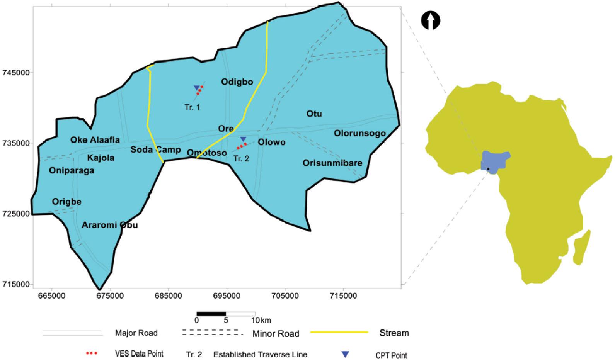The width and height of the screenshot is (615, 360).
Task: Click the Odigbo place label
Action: pyautogui.click(x=237, y=82)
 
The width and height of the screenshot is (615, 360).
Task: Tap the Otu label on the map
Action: pyautogui.click(x=314, y=114)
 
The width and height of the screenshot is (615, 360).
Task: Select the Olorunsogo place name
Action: pyautogui.click(x=359, y=134)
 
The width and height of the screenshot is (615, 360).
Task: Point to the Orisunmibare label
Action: pyautogui.click(x=332, y=163)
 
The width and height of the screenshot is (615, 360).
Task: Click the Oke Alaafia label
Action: pyautogui.click(x=95, y=140)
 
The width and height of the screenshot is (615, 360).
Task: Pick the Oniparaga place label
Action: pyautogui.click(x=72, y=171)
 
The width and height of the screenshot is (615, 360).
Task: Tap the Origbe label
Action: pyautogui.click(x=67, y=202)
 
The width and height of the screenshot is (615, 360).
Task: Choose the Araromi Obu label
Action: pyautogui.click(x=110, y=225)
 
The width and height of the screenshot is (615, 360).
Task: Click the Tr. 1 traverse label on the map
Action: pyautogui.click(x=193, y=107)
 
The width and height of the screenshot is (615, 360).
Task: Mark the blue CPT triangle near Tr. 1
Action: pyautogui.click(x=197, y=88)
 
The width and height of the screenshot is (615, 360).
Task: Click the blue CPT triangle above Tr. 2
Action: pyautogui.click(x=243, y=139)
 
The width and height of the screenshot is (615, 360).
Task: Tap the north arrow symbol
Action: pyautogui.click(x=431, y=20)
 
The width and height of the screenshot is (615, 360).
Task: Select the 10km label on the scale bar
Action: pyautogui.click(x=261, y=320)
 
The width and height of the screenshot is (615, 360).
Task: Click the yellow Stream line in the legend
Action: pyautogui.click(x=339, y=332)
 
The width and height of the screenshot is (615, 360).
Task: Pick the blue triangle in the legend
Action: pyautogui.click(x=345, y=354)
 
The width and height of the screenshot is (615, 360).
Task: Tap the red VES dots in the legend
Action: pyautogui.click(x=92, y=353)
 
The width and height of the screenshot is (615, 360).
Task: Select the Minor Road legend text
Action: pyautogui.click(x=276, y=334)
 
